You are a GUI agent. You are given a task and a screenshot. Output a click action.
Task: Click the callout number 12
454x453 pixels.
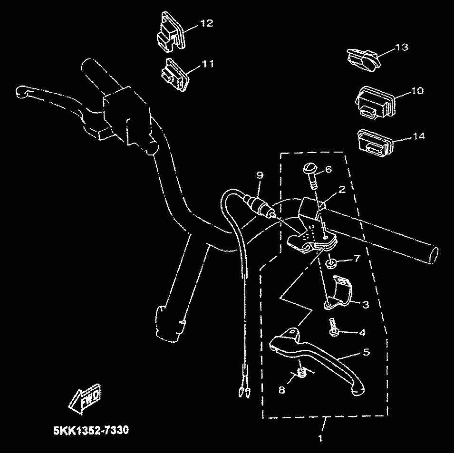tap(207, 23)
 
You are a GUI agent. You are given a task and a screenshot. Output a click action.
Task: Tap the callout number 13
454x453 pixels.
tap(401, 48)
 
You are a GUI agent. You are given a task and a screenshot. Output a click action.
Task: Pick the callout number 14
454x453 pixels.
tap(418, 136)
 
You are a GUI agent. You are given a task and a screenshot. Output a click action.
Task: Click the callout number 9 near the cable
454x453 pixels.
tap(260, 175)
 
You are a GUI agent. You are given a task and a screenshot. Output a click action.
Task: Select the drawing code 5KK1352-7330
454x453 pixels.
tap(90, 431)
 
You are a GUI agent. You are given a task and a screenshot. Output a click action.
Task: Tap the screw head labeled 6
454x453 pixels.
tap(309, 169)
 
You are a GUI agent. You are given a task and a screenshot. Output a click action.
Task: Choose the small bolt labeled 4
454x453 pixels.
tap(333, 328)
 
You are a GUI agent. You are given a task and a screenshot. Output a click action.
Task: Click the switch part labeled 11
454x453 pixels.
tap(174, 75)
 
